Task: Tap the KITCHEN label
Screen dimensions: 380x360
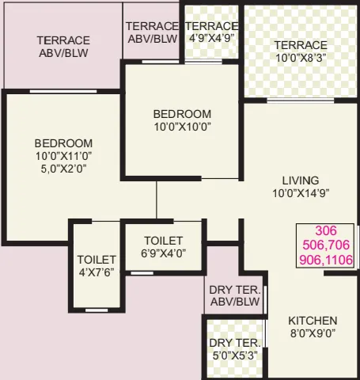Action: (313, 321)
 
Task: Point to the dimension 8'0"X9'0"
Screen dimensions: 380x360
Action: (313, 333)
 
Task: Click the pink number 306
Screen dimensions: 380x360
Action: (326, 231)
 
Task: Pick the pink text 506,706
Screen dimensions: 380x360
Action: (326, 245)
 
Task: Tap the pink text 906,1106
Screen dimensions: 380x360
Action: (326, 260)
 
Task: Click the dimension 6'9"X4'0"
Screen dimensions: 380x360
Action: (164, 253)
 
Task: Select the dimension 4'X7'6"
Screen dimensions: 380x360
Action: (97, 272)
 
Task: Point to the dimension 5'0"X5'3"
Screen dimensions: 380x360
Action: (235, 355)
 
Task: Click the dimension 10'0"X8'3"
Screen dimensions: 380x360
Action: (301, 58)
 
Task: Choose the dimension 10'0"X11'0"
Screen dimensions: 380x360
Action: (63, 156)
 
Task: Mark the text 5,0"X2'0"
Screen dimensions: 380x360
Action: (63, 169)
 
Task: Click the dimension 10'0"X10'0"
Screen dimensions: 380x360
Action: (182, 127)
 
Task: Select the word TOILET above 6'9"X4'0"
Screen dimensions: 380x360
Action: (164, 241)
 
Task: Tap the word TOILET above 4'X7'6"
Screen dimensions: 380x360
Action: (97, 260)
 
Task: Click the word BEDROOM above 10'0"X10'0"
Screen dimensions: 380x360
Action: (182, 114)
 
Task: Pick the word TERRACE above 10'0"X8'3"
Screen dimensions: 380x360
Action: (301, 45)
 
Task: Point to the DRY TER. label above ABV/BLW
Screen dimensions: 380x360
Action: (235, 289)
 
